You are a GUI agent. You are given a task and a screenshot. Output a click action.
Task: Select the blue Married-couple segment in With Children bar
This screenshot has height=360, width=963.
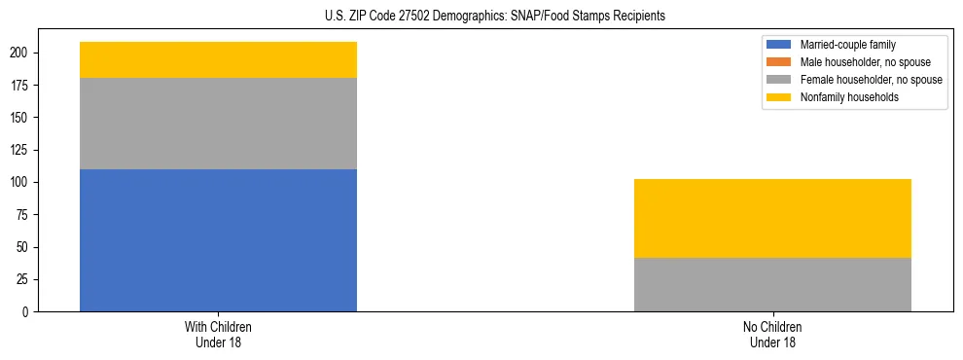[x=218, y=240]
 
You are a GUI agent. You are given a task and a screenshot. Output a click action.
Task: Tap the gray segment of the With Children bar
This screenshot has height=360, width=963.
[x=218, y=124]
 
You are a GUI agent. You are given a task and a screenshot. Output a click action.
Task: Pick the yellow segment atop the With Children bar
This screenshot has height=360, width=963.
[x=218, y=60]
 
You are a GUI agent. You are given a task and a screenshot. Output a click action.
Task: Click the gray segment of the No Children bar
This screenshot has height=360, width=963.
[x=772, y=284]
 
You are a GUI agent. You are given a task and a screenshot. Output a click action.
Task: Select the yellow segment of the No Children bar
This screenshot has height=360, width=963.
[x=772, y=218]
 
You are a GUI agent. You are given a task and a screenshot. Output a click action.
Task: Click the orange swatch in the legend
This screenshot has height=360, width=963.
[x=780, y=62]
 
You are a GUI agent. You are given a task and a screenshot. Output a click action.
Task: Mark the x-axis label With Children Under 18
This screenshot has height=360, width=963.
[x=218, y=334]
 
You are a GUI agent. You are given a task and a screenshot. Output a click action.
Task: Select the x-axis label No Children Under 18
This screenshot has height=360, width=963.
[x=772, y=334]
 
